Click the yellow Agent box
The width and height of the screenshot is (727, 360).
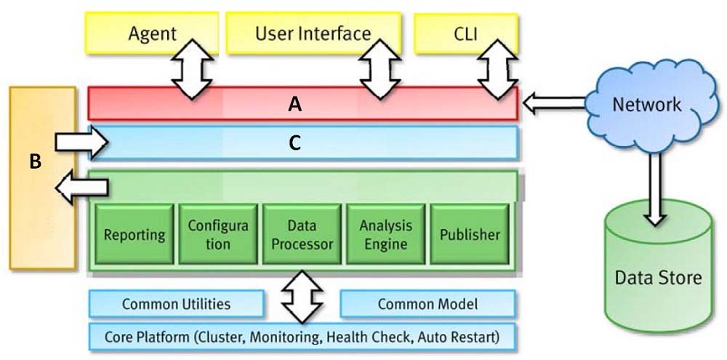[152, 33]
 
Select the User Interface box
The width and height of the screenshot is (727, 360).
[314, 33]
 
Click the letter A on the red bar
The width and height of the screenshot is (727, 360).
[295, 105]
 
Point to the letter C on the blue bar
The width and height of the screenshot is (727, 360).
[295, 144]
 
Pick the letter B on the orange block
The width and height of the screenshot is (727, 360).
[36, 162]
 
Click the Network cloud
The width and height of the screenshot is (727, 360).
[647, 105]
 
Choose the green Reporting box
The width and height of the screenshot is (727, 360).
[134, 233]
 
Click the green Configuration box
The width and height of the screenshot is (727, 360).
[218, 233]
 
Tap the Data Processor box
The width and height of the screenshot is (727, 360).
[302, 233]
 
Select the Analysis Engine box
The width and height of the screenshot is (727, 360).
[386, 233]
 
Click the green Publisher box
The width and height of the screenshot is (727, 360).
[470, 233]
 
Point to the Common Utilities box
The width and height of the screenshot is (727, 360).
[176, 304]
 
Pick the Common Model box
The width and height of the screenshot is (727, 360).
[427, 304]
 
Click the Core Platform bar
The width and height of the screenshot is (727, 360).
[302, 336]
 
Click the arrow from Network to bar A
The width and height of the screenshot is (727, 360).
[553, 103]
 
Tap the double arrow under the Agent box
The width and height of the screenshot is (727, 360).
[192, 70]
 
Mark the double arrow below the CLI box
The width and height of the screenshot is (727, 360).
[498, 70]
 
